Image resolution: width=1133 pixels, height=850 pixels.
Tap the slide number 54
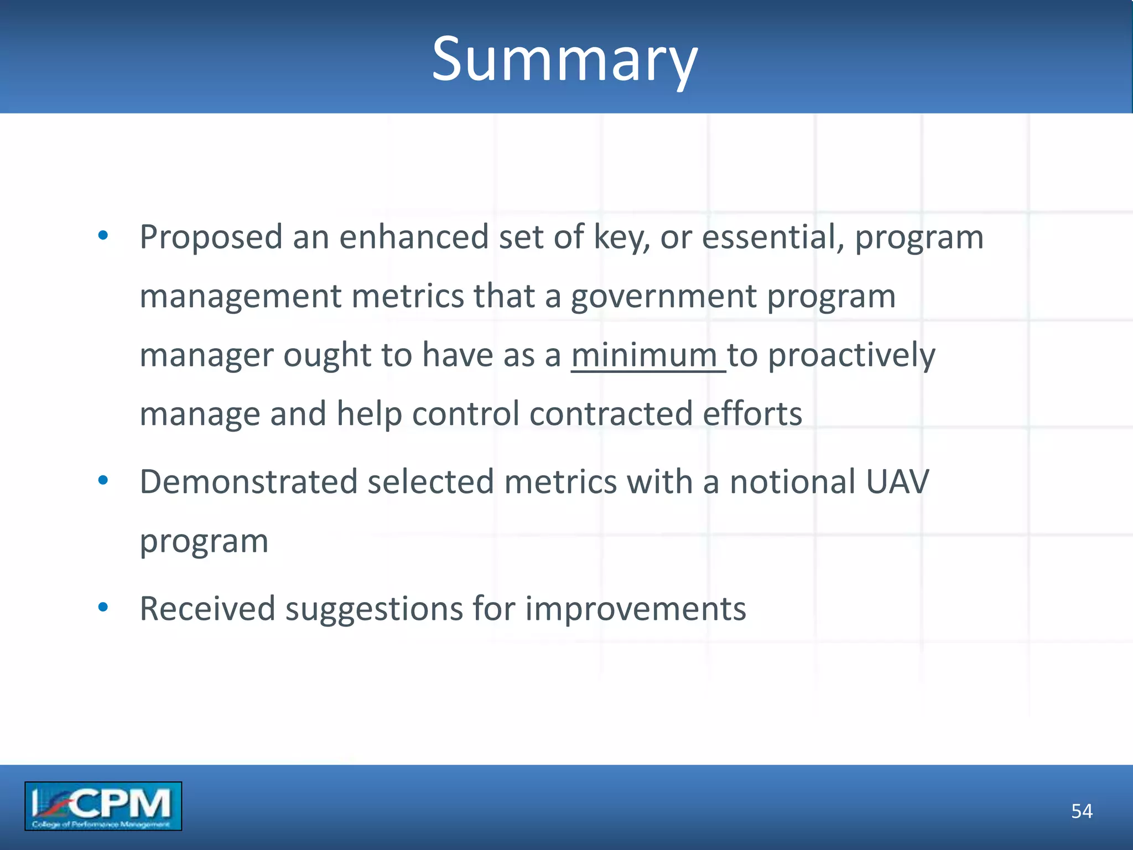pos(1082,811)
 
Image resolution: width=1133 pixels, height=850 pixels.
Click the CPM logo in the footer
pos(103,806)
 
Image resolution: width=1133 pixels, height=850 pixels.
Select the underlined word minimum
pos(645,355)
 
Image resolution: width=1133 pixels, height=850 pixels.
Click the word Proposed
pos(211,237)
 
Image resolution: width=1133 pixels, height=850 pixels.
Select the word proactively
pos(851,356)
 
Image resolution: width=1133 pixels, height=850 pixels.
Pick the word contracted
pos(611,414)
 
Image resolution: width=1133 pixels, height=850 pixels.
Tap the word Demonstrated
pos(248,482)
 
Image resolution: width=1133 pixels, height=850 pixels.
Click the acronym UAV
pos(897,482)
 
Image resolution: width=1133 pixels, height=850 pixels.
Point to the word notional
pos(792,482)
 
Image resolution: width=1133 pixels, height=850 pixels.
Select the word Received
pos(207,609)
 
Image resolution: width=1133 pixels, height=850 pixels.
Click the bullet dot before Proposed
pos(103,236)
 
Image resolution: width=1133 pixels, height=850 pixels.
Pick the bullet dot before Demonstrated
pos(103,480)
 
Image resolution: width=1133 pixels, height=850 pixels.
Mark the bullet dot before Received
pos(103,608)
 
